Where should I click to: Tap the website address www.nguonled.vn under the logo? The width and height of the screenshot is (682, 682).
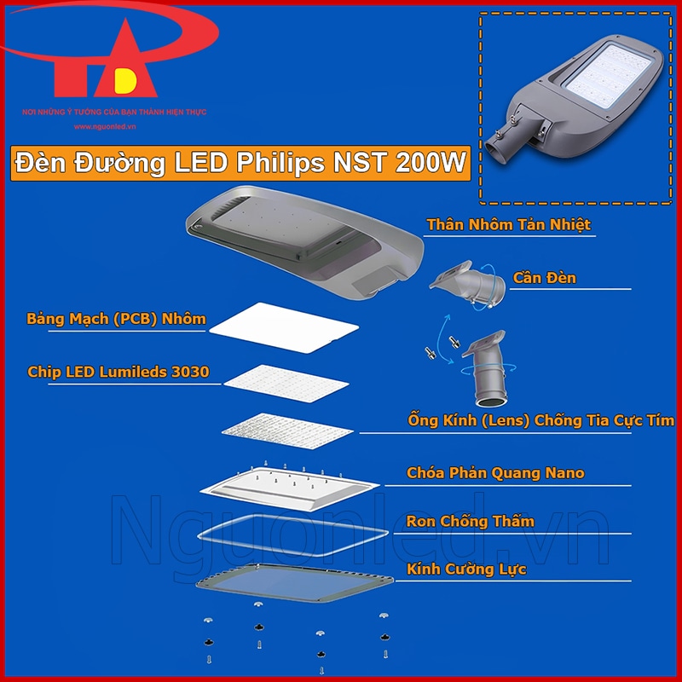coord(105,126)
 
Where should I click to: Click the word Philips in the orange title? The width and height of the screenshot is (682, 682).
coord(280,163)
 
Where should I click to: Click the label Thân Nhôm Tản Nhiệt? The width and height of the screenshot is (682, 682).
coord(508,224)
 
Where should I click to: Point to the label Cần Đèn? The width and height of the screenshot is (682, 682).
coord(545,278)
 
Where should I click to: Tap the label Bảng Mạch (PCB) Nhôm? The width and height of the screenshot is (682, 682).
coord(116,318)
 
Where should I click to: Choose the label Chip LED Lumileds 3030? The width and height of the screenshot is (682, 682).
coord(118,372)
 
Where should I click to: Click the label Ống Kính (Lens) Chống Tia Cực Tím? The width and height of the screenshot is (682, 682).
coord(541,420)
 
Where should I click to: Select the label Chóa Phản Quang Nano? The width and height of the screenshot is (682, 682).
coord(495,473)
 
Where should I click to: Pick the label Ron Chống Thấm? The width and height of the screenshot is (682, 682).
coord(471,521)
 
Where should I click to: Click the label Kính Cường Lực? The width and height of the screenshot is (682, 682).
coord(466,569)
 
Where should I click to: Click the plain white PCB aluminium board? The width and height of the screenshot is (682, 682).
coord(284,327)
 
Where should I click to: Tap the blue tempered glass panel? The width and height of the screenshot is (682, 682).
coord(294,583)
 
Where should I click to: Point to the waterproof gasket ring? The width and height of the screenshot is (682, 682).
coord(292,535)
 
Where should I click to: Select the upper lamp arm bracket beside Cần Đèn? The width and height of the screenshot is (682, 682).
coord(467,284)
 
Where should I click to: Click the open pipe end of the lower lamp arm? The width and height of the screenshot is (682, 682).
coord(492,398)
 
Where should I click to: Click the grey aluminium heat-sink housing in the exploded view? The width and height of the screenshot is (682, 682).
coord(304,242)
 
